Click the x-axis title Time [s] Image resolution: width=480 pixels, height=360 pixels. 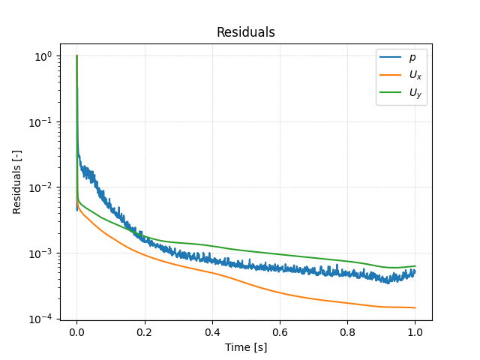pos(246,347)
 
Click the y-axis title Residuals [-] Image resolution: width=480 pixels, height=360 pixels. pos(17,181)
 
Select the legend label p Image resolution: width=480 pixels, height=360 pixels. pos(412,58)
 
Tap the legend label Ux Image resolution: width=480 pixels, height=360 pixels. pos(414,75)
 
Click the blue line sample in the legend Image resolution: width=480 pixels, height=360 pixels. pos(391,58)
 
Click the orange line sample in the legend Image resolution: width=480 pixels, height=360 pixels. pos(391,75)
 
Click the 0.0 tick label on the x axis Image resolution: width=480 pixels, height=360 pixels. pos(76,331)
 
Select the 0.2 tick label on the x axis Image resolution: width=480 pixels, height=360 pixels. pos(145,331)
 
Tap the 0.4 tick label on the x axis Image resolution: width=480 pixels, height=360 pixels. pos(212,331)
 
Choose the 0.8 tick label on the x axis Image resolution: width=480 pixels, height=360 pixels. pos(347,331)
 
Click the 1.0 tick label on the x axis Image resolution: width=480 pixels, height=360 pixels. pos(415,331)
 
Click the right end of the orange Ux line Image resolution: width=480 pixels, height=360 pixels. pos(415,307)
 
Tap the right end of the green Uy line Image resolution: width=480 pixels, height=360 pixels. pos(415,265)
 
